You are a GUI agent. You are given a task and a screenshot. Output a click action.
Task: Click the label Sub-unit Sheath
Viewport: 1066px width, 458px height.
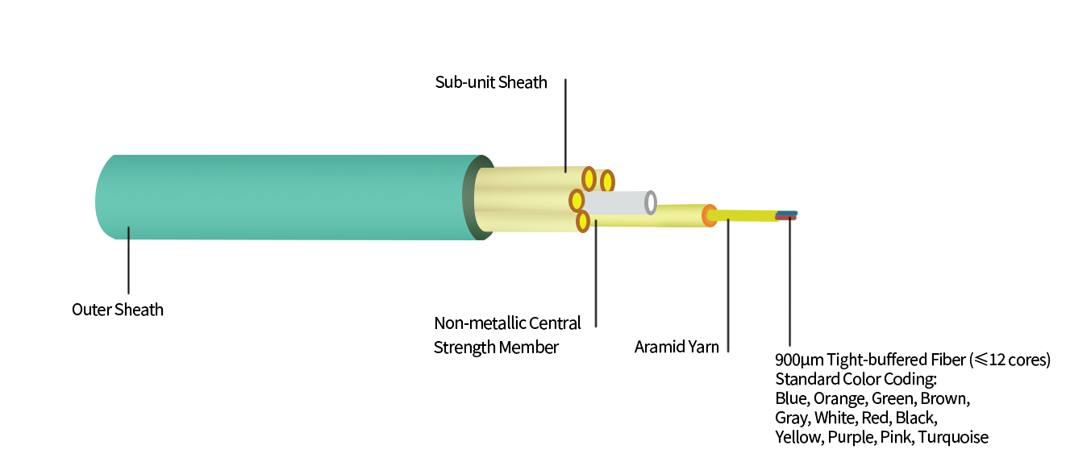click(491, 82)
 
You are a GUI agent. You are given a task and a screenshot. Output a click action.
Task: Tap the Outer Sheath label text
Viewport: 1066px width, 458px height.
click(118, 310)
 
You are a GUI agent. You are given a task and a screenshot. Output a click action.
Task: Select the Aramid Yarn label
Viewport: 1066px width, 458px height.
click(677, 348)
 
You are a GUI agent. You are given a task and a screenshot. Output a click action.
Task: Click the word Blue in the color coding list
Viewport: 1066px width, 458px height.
click(791, 398)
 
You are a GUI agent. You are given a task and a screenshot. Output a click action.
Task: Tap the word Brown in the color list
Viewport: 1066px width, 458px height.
click(944, 398)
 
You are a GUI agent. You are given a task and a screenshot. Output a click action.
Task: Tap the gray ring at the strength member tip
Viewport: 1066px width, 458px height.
click(651, 202)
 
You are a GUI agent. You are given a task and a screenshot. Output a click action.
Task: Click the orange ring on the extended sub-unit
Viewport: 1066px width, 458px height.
click(709, 215)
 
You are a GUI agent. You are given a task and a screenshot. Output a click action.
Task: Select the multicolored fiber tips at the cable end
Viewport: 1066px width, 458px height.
click(786, 215)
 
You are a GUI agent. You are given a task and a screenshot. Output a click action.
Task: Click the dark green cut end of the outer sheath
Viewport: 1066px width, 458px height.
click(472, 198)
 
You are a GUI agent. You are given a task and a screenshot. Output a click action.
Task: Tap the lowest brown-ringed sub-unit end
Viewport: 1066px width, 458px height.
click(582, 221)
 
